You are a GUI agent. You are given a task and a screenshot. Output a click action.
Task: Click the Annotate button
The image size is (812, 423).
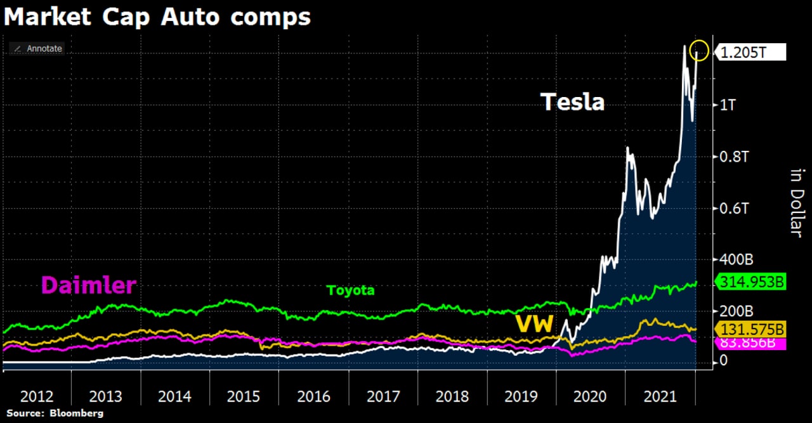37,48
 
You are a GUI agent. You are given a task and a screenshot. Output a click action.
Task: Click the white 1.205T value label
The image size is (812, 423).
749,53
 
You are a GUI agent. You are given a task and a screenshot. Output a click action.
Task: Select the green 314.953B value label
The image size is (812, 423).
750,282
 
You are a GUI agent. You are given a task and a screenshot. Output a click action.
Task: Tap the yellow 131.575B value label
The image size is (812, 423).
750,329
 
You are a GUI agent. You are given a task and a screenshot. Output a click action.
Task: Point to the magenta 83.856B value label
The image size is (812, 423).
750,344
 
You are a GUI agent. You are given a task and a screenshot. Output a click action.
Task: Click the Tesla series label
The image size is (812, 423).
572,101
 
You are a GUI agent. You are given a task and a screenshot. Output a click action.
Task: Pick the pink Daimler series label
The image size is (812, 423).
89,285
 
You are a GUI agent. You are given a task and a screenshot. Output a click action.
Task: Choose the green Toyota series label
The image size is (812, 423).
350,290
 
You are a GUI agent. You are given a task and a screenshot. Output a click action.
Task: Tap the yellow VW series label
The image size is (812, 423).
534,324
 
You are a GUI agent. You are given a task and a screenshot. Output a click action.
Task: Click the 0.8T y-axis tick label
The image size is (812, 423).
734,157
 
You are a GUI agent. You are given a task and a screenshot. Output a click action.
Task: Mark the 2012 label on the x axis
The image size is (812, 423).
37,397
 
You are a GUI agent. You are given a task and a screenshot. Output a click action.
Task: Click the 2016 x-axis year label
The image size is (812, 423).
313,397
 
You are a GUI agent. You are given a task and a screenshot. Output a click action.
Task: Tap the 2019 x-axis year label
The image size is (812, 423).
521,397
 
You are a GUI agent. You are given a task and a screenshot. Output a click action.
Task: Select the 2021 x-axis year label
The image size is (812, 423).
660,397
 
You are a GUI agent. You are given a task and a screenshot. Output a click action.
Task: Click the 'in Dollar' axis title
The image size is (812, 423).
797,202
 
